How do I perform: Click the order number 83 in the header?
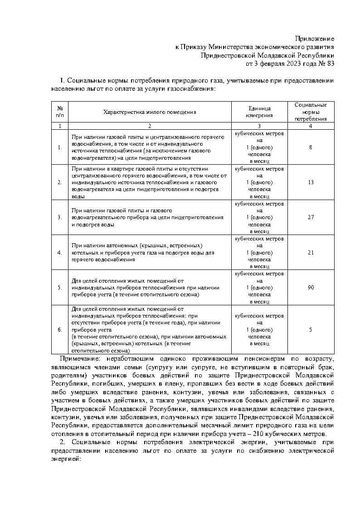point(330,63)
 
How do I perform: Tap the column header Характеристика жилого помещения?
point(150,112)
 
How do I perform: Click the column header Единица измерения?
point(259,112)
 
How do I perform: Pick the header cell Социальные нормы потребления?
point(311,112)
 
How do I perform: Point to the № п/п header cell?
point(60,112)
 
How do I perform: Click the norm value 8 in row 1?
point(311,147)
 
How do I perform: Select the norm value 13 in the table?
point(311,182)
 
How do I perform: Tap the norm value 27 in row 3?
point(311,217)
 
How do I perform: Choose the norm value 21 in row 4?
point(311,253)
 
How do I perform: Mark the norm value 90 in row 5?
point(311,288)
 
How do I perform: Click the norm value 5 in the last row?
point(311,330)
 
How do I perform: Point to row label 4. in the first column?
point(60,253)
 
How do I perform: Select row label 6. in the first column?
point(60,330)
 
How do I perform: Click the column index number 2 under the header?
point(150,126)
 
